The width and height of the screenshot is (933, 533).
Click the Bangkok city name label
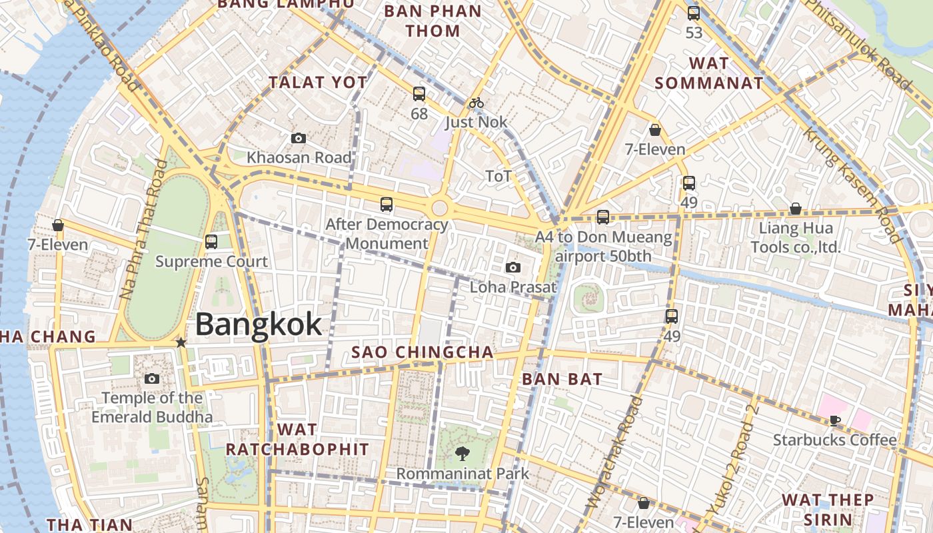259,324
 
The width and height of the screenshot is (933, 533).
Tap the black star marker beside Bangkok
181,342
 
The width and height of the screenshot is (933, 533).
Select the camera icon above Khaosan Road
299,139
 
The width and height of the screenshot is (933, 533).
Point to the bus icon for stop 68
419,94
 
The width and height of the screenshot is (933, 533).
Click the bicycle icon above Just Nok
476,103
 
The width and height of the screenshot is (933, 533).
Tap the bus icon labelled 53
694,13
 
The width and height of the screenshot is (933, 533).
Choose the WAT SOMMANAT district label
708,73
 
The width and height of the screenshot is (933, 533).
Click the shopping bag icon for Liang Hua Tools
795,209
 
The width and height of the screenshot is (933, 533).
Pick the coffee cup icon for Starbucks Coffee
834,420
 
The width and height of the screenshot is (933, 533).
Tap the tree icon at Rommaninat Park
461,454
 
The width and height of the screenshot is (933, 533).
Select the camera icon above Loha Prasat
512,268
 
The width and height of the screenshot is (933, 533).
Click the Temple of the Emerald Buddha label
152,408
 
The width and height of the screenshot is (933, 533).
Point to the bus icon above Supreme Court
211,242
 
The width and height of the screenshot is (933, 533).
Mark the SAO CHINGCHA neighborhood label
423,352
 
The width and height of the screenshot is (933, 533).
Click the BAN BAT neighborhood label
562,379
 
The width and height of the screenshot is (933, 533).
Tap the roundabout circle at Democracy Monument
439,208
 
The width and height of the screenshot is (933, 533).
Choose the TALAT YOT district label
318,83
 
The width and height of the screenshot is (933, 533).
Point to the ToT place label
498,177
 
